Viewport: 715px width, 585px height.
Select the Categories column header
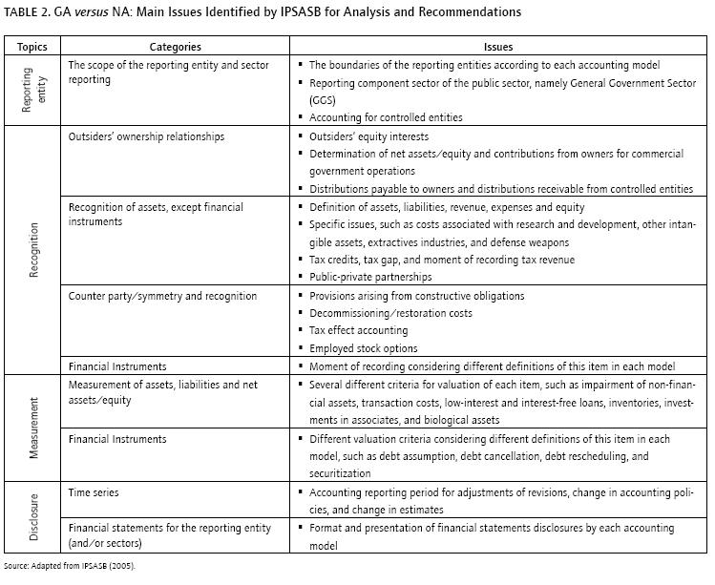pyautogui.click(x=175, y=46)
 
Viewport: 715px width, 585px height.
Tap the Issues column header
pyautogui.click(x=498, y=46)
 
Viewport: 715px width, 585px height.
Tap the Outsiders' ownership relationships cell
pyautogui.click(x=146, y=136)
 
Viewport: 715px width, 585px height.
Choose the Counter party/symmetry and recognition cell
pyautogui.click(x=162, y=296)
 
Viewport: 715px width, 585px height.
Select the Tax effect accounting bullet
pyautogui.click(x=354, y=330)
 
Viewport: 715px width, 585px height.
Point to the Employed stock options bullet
pyautogui.click(x=363, y=348)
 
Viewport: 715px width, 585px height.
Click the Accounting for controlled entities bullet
pyautogui.click(x=386, y=117)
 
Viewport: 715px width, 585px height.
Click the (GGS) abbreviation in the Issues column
pyautogui.click(x=324, y=99)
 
